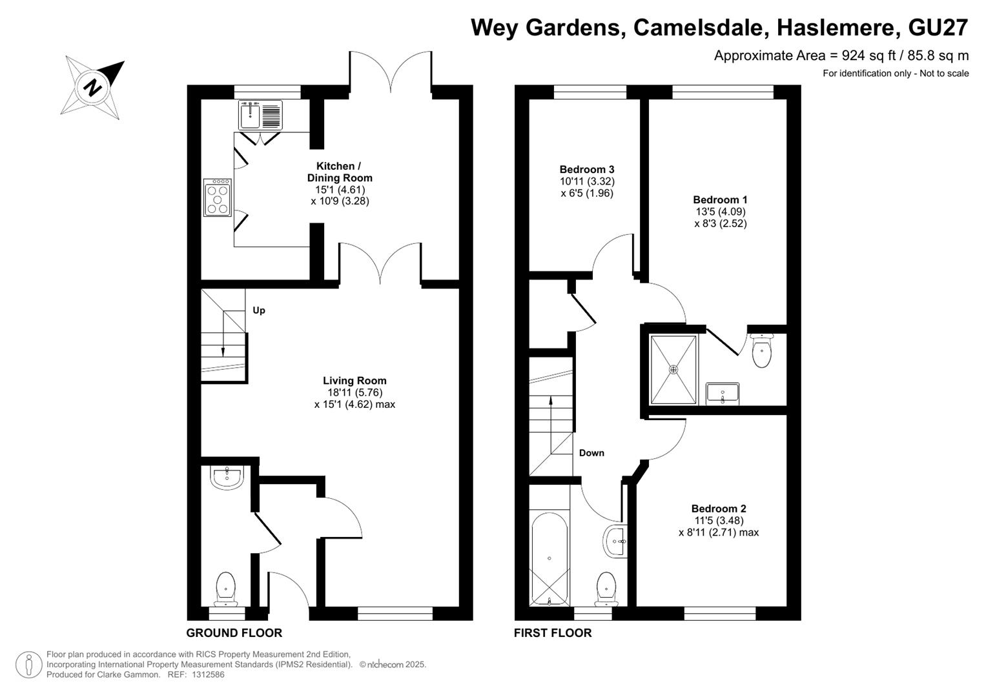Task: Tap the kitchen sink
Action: [260, 115]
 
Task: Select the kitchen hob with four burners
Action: [218, 197]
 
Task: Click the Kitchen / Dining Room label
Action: [340, 172]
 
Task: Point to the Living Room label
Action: [354, 381]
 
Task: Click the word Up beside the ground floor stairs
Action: [259, 310]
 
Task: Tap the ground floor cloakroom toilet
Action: [226, 589]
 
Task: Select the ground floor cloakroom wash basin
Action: [227, 478]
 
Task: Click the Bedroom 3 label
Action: [587, 169]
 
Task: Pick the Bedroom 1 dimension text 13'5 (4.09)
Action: [721, 212]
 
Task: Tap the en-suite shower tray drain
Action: [673, 370]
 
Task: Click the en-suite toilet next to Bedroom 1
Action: [761, 350]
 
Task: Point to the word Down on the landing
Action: [591, 453]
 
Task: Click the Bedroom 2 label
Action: [719, 509]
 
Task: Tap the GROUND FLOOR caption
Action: [234, 632]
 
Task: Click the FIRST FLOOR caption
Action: [553, 632]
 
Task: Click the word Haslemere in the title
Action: [836, 28]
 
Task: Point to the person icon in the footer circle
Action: [28, 665]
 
